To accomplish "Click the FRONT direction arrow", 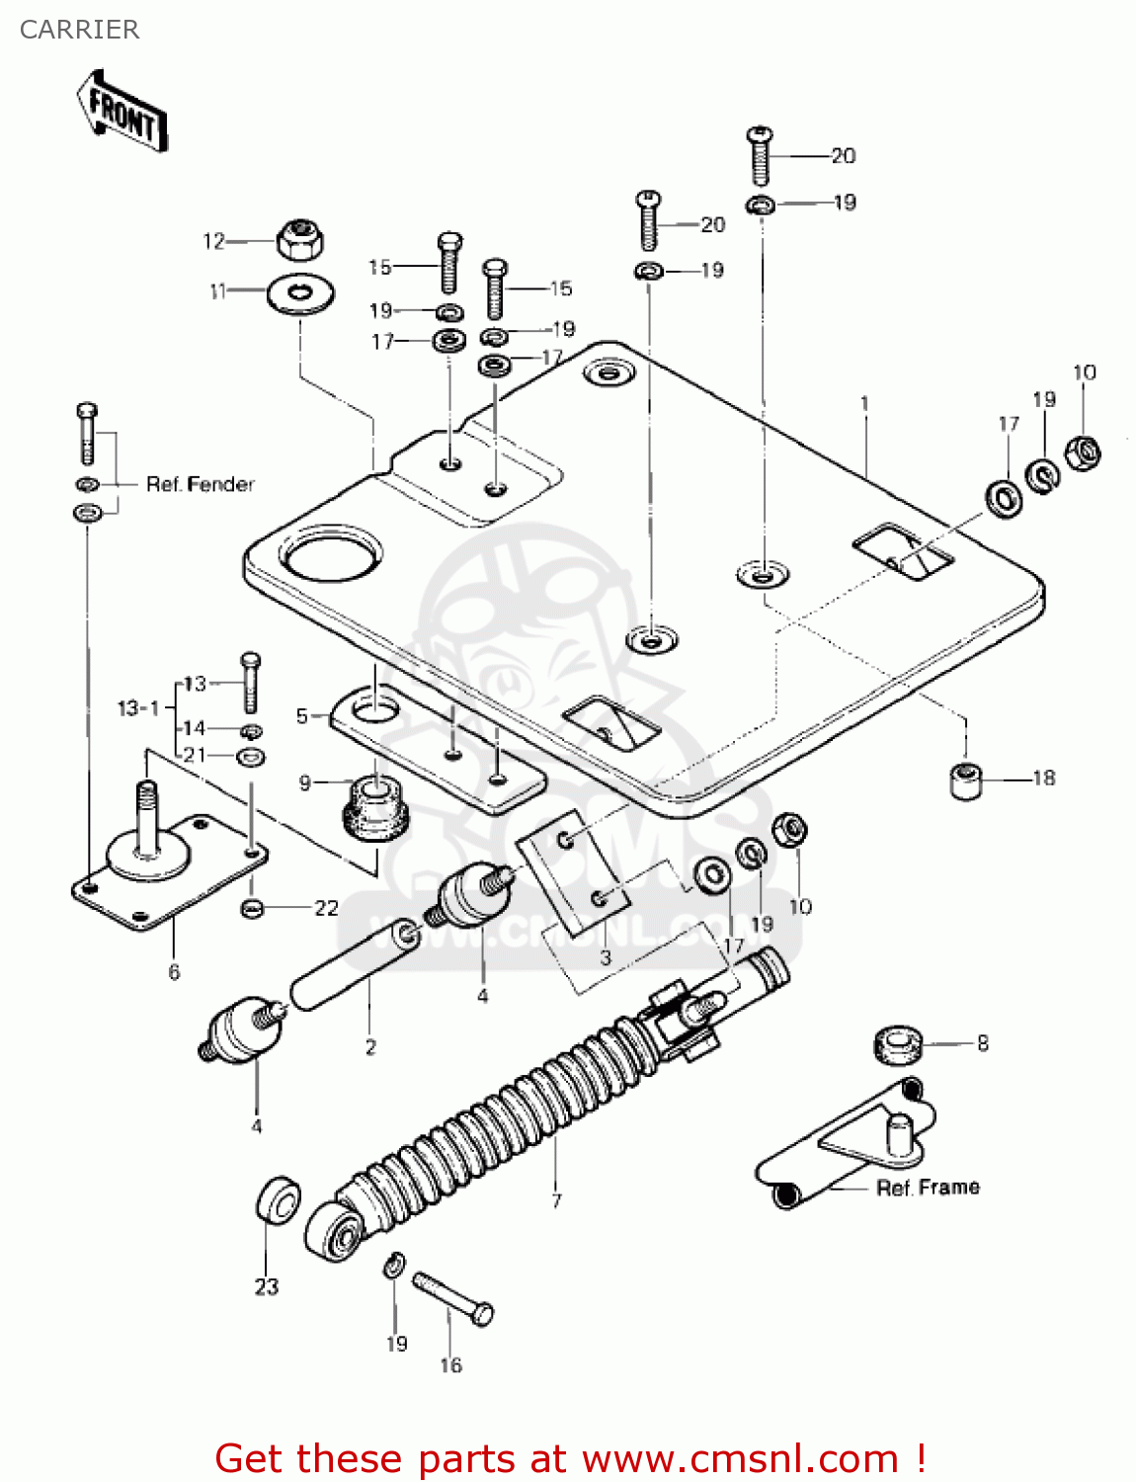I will [122, 111].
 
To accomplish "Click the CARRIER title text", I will [79, 30].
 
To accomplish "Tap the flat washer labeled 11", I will [300, 293].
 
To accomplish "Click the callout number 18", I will [1044, 779].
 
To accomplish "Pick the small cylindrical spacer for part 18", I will [966, 781].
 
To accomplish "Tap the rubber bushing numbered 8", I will [898, 1044].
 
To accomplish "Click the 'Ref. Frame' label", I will [928, 1188].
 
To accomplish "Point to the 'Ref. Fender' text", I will [201, 484].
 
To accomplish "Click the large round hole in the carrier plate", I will [331, 554].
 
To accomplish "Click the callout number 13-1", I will [138, 708].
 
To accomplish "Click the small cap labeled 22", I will [253, 908].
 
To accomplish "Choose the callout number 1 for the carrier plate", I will [865, 403].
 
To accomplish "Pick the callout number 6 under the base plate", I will [174, 972].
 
